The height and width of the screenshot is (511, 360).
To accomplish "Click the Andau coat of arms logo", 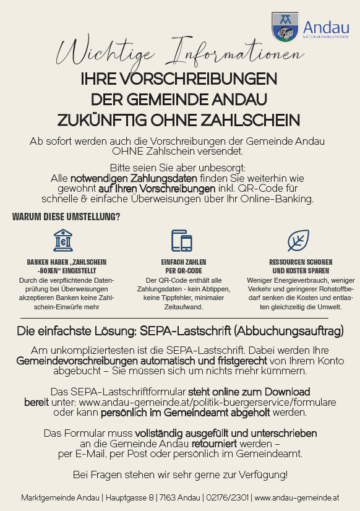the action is (285, 27).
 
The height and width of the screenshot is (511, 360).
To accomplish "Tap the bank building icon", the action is (62, 240).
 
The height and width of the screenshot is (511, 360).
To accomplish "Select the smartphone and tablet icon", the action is (180, 241).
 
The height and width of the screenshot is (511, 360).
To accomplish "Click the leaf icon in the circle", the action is (298, 240).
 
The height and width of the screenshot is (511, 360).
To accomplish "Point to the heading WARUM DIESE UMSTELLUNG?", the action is (66, 217).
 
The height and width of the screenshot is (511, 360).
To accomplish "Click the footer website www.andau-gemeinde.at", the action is (296, 497).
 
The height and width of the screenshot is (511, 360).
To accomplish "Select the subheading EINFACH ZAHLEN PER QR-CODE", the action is (179, 267).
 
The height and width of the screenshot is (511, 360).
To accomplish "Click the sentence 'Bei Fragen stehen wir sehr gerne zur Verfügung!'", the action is (180, 474).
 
